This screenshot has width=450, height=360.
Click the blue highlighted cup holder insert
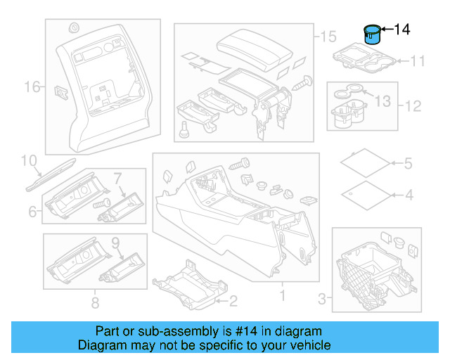371,34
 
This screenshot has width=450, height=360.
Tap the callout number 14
401,30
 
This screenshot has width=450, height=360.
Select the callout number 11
418,61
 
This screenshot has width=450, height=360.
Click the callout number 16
32,87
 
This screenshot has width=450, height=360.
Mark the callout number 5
408,165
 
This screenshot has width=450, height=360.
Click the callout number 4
408,195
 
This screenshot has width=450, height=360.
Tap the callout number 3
321,300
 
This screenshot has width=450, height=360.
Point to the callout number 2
233,301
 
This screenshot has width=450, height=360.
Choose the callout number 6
32,212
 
